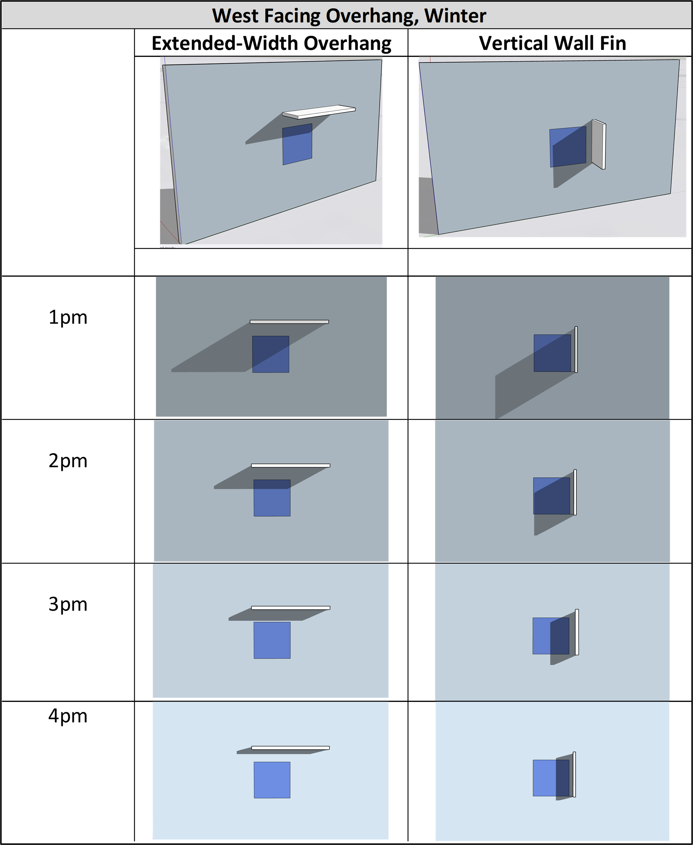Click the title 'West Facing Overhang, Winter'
tap(349, 16)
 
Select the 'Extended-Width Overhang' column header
tap(271, 43)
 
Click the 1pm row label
tap(68, 318)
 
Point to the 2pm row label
tap(68, 461)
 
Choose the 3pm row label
tap(68, 604)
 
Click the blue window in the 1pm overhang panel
tap(271, 354)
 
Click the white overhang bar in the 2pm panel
tap(291, 465)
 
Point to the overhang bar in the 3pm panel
tap(291, 608)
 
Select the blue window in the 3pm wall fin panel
tap(551, 636)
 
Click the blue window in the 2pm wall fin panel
tap(552, 496)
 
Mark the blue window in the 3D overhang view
tap(297, 144)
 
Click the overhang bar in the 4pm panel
tap(291, 748)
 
